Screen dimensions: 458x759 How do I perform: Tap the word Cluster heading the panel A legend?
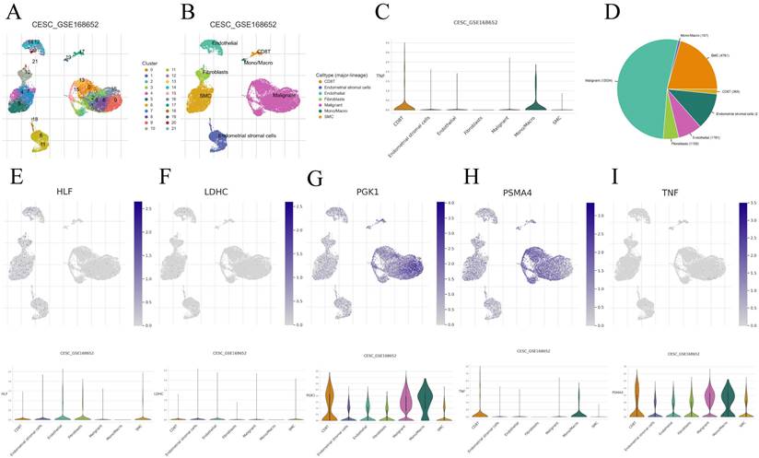point(152,62)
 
